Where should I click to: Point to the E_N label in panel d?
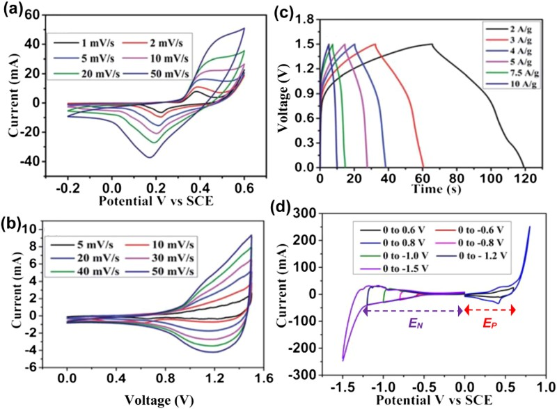tap(416, 323)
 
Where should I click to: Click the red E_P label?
tap(489, 323)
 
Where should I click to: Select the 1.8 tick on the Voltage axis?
tap(305, 19)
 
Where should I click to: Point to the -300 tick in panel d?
tap(304, 375)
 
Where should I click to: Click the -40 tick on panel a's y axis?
tap(29, 161)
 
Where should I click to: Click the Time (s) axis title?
tap(437, 189)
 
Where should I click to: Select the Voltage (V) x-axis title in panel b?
tap(159, 400)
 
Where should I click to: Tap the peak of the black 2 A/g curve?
tap(432, 44)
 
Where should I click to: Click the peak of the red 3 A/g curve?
tap(375, 44)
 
